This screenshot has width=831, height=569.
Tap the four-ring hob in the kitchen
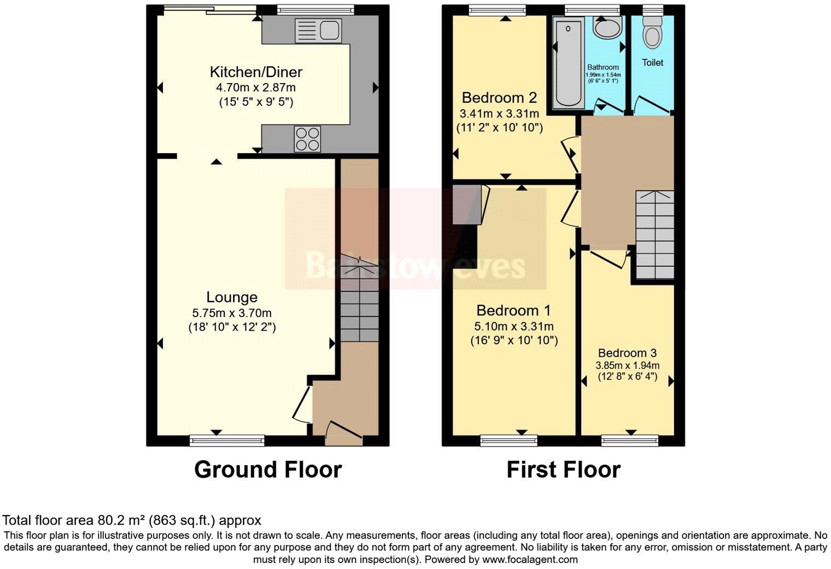pos(308,138)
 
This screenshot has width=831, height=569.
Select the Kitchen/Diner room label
pos(256,72)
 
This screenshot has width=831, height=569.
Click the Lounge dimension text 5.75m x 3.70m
pos(232,313)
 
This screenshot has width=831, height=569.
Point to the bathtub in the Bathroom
pos(569,62)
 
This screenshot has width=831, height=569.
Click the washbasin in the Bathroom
pos(607,26)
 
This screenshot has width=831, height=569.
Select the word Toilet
pos(652,63)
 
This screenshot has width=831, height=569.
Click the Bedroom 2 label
pos(499,98)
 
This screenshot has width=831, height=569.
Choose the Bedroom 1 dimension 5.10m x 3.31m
pos(514,327)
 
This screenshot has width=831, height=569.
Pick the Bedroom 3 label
pos(627,353)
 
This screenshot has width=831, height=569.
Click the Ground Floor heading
pos(268,470)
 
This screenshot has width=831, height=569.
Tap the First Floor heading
pos(563,470)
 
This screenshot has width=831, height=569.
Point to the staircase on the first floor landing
pos(654,235)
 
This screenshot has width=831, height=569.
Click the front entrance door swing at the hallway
pos(343,432)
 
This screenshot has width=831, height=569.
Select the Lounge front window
pos(227,439)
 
